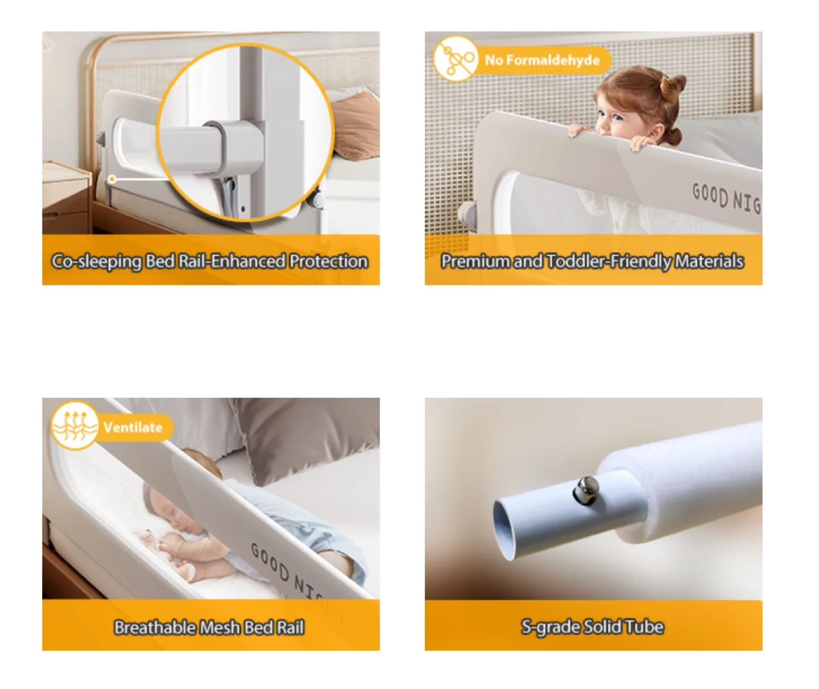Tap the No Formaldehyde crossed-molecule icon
click(x=455, y=59)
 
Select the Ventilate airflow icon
click(x=74, y=426)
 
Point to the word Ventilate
click(x=133, y=427)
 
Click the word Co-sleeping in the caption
click(x=97, y=261)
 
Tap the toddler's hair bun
click(x=672, y=85)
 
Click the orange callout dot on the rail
click(x=112, y=179)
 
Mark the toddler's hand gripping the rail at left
click(x=580, y=131)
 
